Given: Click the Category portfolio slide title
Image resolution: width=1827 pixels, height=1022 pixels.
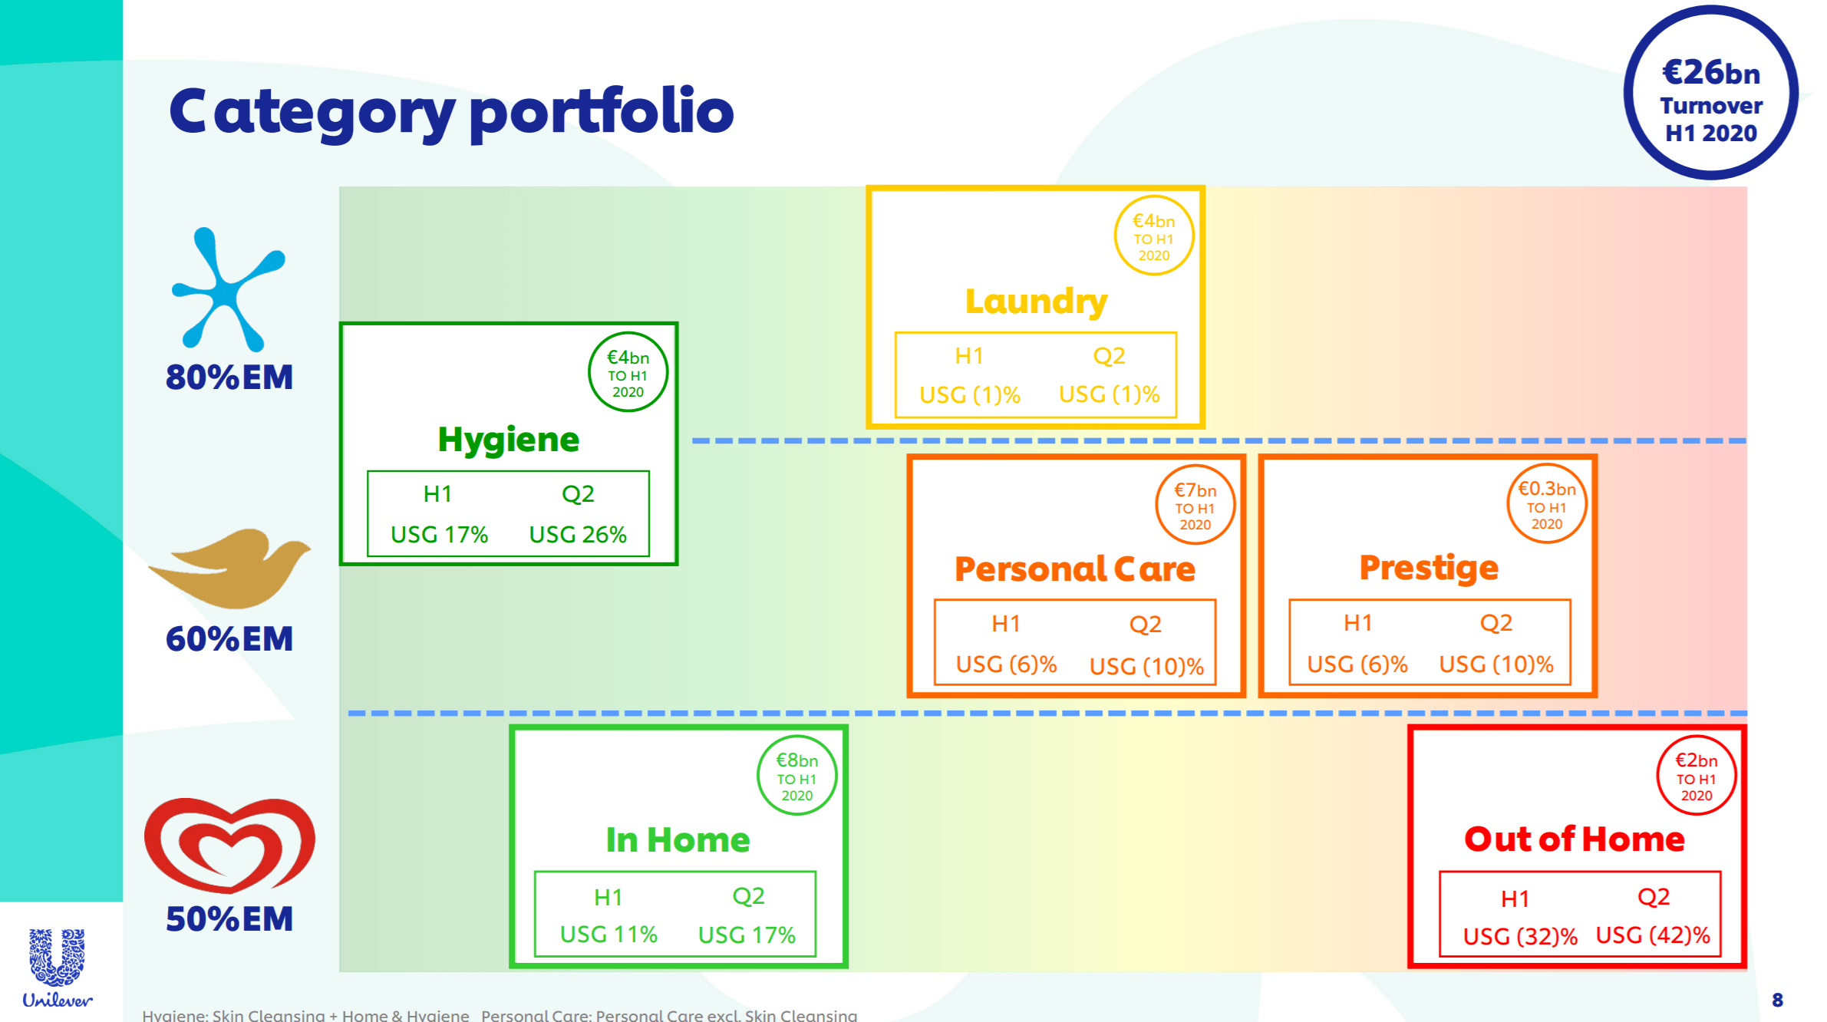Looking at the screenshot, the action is tap(451, 112).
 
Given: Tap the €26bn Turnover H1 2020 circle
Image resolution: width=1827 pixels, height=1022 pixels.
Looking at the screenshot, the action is tap(1710, 93).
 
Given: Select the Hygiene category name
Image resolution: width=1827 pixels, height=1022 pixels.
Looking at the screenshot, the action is tap(508, 440).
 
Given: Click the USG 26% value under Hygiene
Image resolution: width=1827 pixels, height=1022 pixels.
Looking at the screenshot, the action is tap(578, 534).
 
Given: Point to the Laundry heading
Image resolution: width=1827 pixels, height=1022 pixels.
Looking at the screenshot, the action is tap(1036, 302).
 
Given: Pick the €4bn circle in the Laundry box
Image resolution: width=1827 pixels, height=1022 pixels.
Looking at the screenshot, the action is tap(1153, 236).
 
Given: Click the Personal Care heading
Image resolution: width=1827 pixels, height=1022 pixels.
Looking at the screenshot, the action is tap(1074, 569).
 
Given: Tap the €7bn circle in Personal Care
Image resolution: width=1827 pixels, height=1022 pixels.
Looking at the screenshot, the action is tap(1195, 505).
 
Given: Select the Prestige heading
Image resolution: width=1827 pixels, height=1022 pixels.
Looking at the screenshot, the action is tap(1429, 569).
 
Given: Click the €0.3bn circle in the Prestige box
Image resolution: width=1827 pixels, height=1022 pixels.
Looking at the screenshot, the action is tap(1546, 503).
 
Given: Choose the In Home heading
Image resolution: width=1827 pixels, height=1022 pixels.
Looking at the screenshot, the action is tap(678, 839).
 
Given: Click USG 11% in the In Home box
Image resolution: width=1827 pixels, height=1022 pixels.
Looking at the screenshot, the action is tap(608, 935).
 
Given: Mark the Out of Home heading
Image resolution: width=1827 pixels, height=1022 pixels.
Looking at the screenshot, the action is tap(1574, 839).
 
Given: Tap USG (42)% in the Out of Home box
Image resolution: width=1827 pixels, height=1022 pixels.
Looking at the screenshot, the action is tap(1653, 935).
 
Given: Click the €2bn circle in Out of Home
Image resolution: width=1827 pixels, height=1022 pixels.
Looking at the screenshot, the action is tap(1696, 775).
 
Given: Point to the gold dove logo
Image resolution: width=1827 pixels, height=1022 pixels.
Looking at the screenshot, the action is tap(229, 569).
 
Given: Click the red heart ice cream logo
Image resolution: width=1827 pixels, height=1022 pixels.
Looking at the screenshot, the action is tap(229, 845).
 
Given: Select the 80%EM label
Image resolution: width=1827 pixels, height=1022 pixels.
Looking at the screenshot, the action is tap(229, 377).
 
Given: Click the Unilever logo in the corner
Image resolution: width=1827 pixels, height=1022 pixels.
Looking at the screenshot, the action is tap(58, 968).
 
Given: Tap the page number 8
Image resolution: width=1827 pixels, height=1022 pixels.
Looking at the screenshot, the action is tap(1777, 1000).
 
